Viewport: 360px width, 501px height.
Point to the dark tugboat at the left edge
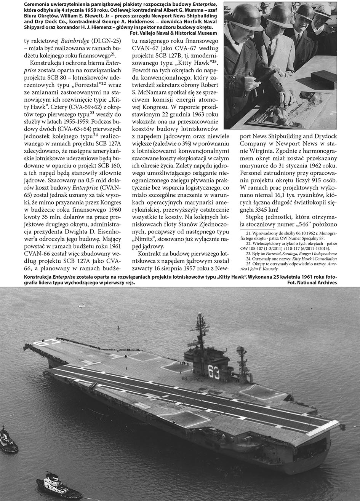point(8,442)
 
